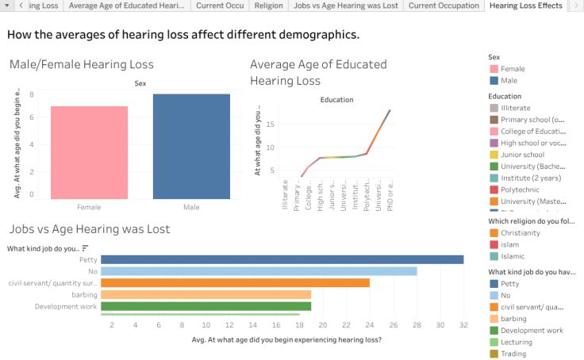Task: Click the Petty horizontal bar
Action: [282, 259]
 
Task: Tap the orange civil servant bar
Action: [235, 282]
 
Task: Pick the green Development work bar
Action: [206, 306]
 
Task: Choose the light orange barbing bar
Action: [206, 294]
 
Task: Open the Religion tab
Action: [267, 6]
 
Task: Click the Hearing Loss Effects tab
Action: [525, 6]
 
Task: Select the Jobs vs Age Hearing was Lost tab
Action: [345, 6]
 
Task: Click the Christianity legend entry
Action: [521, 233]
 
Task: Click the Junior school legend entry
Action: [522, 155]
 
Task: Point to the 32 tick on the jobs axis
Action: [463, 325]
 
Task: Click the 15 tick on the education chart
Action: [270, 124]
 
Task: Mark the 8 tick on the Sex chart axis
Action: [32, 94]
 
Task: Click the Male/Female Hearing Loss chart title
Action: [82, 64]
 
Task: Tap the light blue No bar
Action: [259, 271]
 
